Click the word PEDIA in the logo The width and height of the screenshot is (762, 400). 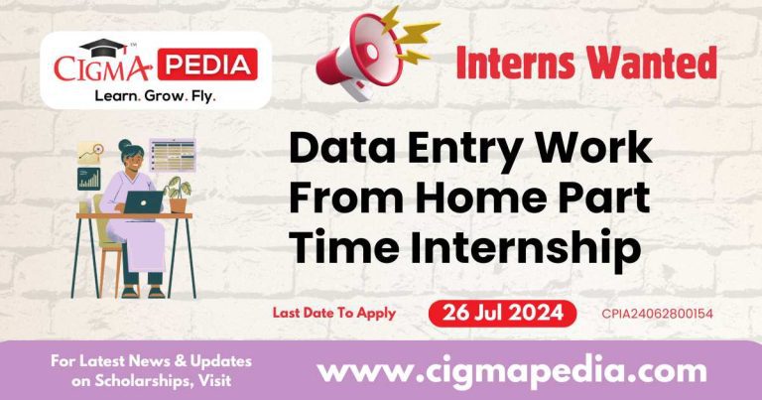click(x=207, y=67)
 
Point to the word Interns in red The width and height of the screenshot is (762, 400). click(x=522, y=64)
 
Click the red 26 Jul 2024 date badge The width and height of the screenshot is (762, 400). click(x=502, y=313)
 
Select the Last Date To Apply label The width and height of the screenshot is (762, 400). click(x=334, y=313)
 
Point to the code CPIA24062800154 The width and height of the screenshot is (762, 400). click(x=658, y=314)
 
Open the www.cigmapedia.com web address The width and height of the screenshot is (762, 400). click(x=511, y=371)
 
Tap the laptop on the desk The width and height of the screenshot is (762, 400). click(x=142, y=201)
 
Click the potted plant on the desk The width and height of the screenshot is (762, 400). click(x=179, y=194)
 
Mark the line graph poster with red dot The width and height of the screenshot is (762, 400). click(x=91, y=152)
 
